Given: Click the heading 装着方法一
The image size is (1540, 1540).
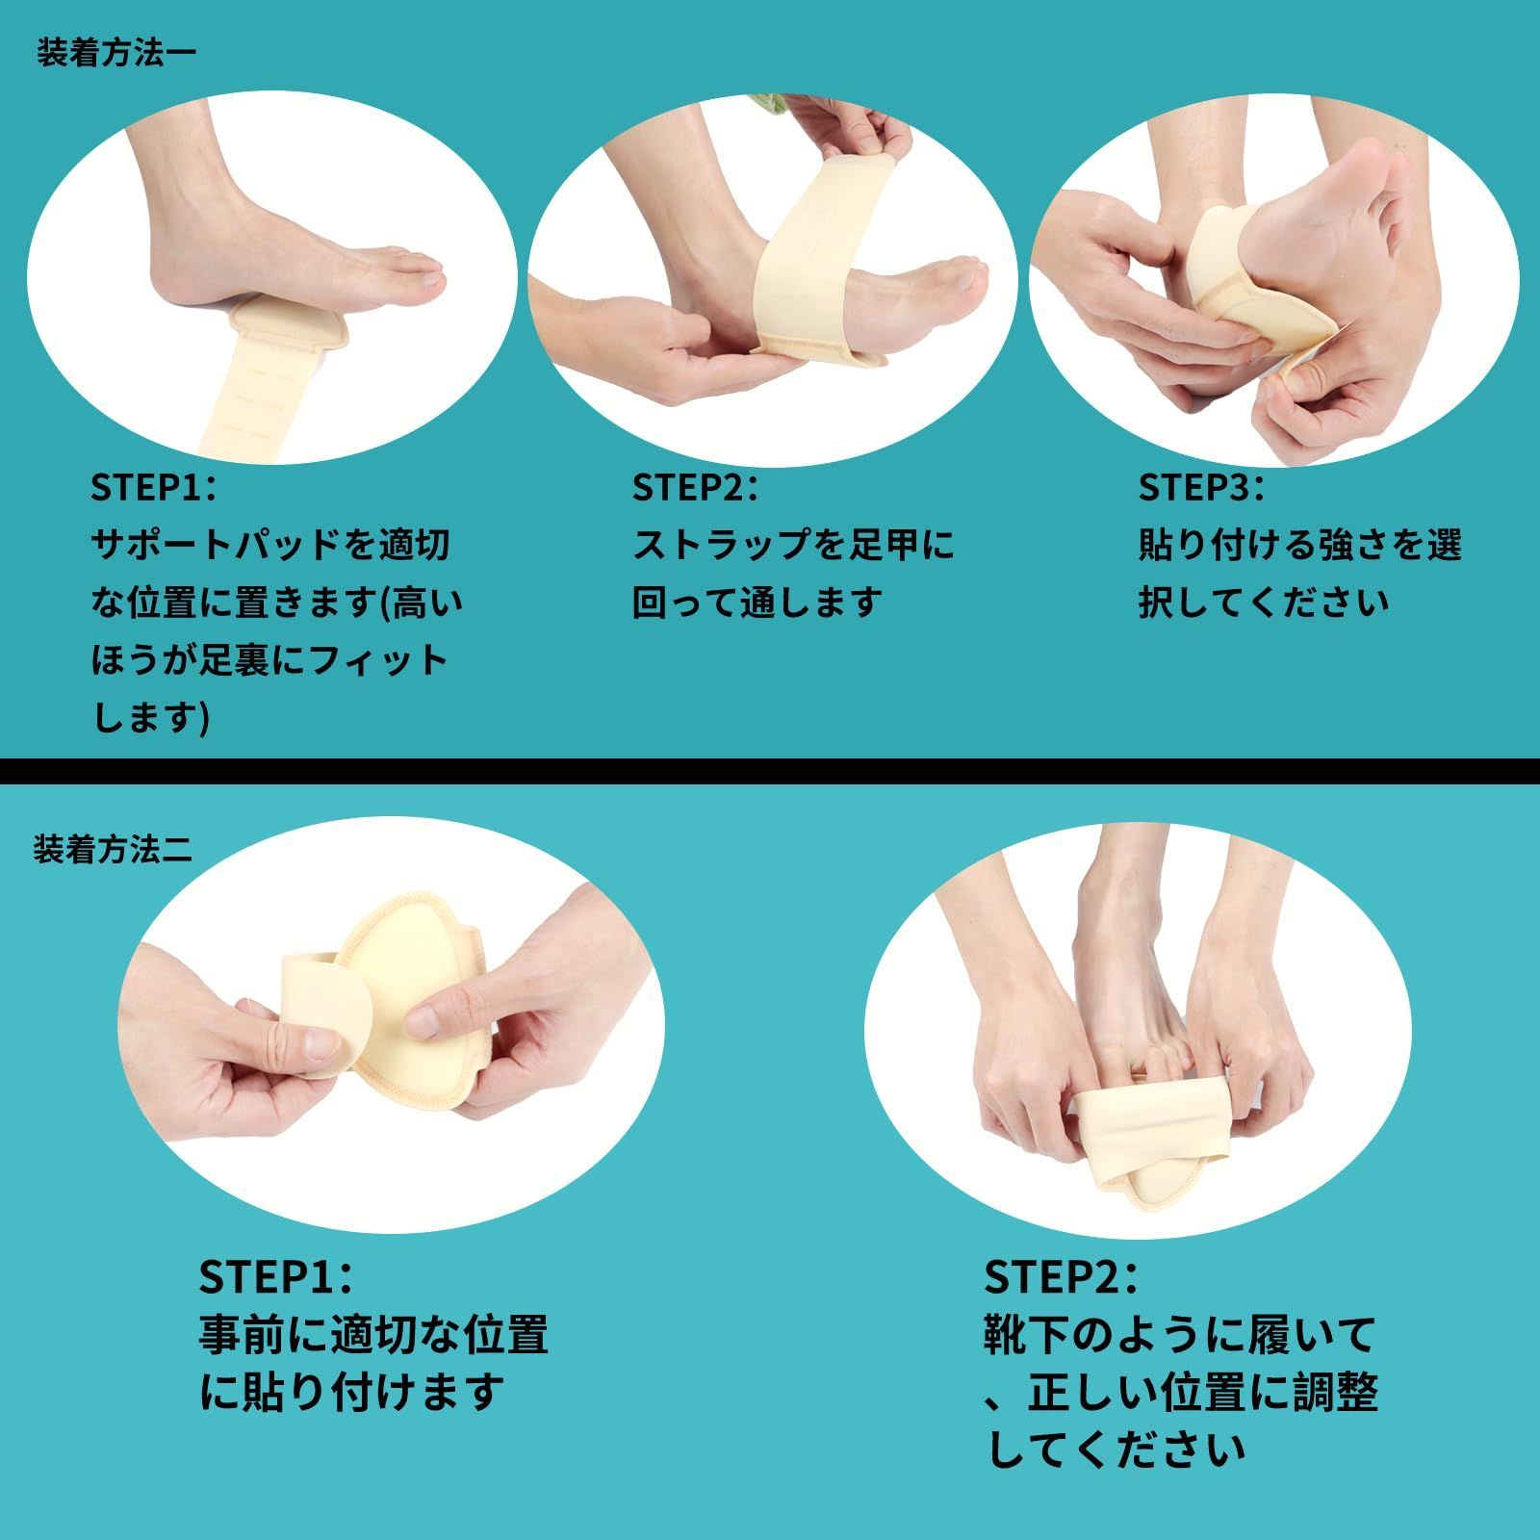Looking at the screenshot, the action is pos(115,51).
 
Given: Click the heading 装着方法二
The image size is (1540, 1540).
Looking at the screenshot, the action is pos(114,848).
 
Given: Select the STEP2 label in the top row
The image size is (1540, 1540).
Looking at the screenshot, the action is pos(695,487).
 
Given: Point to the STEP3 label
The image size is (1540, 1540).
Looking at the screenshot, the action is pos(1201,487).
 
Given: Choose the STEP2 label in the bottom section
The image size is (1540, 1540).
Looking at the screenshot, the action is pos(1061,1276).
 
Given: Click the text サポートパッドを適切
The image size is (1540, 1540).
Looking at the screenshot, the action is pos(270,545).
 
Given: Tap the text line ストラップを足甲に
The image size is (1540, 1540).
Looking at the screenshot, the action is pos(793,545).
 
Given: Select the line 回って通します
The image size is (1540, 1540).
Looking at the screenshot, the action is pos(757,603).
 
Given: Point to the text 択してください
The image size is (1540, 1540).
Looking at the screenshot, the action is pos(1264,603).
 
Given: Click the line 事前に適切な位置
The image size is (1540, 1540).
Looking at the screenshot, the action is pos(374,1335).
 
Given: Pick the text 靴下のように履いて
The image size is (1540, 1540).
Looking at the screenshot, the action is pos(1180,1335).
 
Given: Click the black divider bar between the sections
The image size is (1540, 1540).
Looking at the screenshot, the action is pos(770,772).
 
